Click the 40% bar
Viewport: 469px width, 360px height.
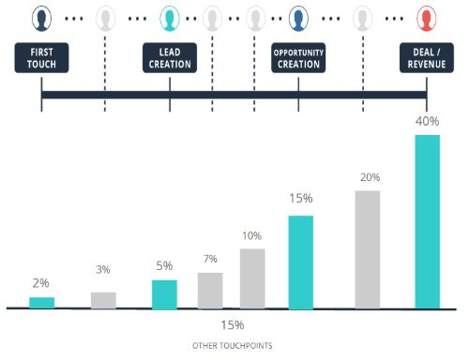tap(427, 221)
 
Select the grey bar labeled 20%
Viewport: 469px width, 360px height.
tap(367, 249)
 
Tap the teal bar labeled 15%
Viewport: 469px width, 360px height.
tap(299, 262)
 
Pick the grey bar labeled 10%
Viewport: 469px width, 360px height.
tap(252, 278)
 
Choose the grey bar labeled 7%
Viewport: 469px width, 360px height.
tap(210, 290)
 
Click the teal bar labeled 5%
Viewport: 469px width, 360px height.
tap(164, 294)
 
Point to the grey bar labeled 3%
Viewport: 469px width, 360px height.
tap(103, 300)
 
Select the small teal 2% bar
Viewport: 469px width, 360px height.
tap(42, 302)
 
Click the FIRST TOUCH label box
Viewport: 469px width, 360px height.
tap(42, 57)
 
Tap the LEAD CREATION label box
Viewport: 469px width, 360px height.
tap(170, 57)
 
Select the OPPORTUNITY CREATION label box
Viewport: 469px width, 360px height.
tap(298, 57)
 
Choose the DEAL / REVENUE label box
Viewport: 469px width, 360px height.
tap(427, 57)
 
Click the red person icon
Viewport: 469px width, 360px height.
tap(427, 19)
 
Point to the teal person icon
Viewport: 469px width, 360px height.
tap(170, 19)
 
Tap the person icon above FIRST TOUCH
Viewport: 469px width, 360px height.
tap(42, 19)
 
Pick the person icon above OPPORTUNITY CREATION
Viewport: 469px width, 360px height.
tap(298, 19)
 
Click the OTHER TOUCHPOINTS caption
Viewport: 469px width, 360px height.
tap(233, 345)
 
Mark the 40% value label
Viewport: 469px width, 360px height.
tap(427, 120)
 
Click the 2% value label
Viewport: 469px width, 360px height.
tap(41, 283)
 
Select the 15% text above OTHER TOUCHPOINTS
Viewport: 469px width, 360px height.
tap(233, 325)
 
